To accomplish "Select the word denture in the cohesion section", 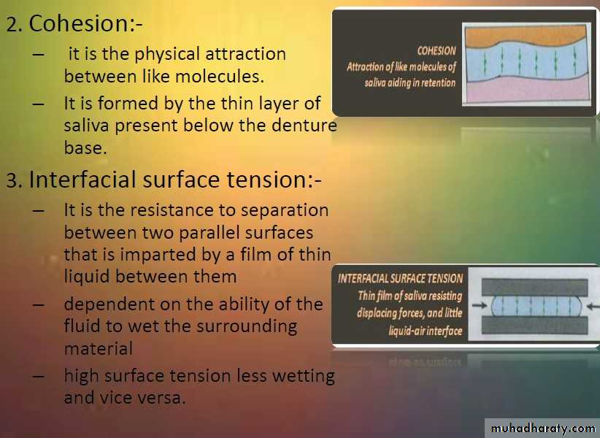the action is pyautogui.click(x=304, y=125).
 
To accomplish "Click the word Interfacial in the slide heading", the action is pyautogui.click(x=82, y=180).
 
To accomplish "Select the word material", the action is pyautogui.click(x=99, y=349).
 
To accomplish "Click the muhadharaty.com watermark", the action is pyautogui.click(x=542, y=428).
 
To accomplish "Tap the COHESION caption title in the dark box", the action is pyautogui.click(x=436, y=50).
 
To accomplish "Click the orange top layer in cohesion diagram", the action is pyautogui.click(x=526, y=34).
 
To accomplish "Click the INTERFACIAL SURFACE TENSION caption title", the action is pyautogui.click(x=400, y=278).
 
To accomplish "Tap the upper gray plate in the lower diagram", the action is pyautogui.click(x=534, y=288).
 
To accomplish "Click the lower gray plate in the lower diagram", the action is pyautogui.click(x=534, y=325).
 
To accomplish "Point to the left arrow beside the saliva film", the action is pyautogui.click(x=480, y=306).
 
